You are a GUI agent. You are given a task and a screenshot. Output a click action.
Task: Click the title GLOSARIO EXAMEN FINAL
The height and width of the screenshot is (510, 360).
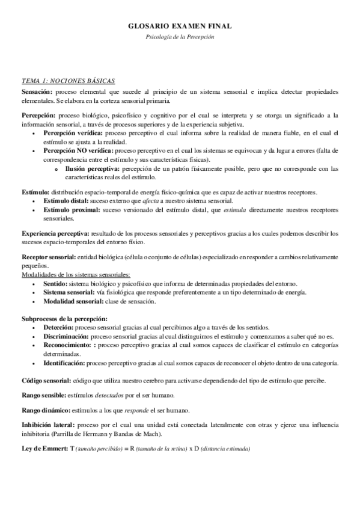click(x=180, y=26)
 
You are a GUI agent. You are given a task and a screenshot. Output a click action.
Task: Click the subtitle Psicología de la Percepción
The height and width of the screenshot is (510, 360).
click(x=180, y=37)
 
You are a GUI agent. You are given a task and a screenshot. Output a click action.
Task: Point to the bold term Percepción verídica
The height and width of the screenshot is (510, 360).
click(x=73, y=132)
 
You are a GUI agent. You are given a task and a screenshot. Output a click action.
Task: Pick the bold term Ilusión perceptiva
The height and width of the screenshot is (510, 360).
click(x=93, y=170)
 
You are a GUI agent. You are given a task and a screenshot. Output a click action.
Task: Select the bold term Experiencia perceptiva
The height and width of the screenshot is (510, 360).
click(x=55, y=232)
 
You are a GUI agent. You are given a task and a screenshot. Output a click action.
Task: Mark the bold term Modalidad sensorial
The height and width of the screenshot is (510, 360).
click(x=71, y=301)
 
